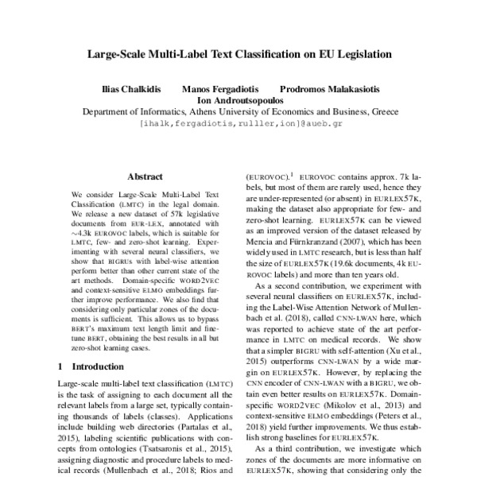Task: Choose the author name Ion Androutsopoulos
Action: coord(238,101)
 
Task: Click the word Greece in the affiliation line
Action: coord(376,113)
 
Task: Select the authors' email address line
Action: coord(238,125)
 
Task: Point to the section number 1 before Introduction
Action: coord(62,367)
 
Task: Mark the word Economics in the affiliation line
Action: coord(306,113)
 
